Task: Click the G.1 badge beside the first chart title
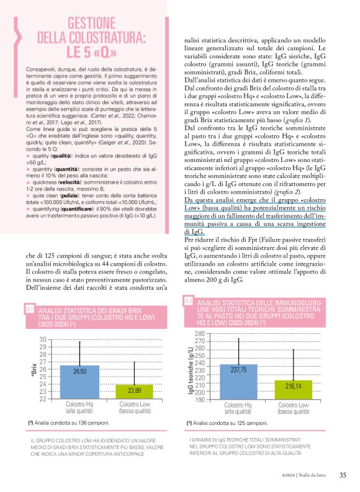tap(30, 308)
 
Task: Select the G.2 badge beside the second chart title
tap(189, 301)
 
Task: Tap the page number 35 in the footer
tap(342, 476)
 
